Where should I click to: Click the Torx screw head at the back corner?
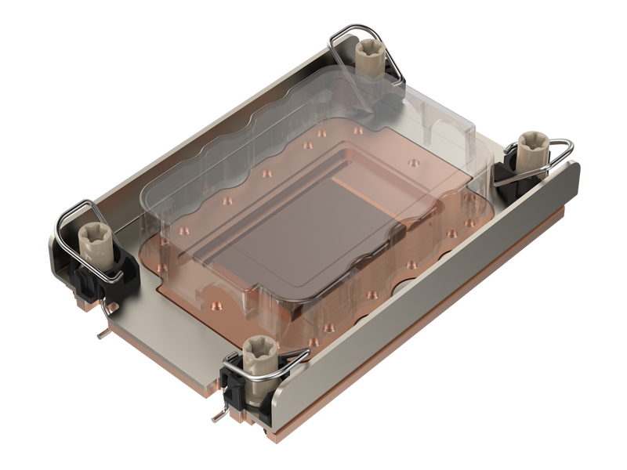point(368,51)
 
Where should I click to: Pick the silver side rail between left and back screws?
point(196,117)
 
